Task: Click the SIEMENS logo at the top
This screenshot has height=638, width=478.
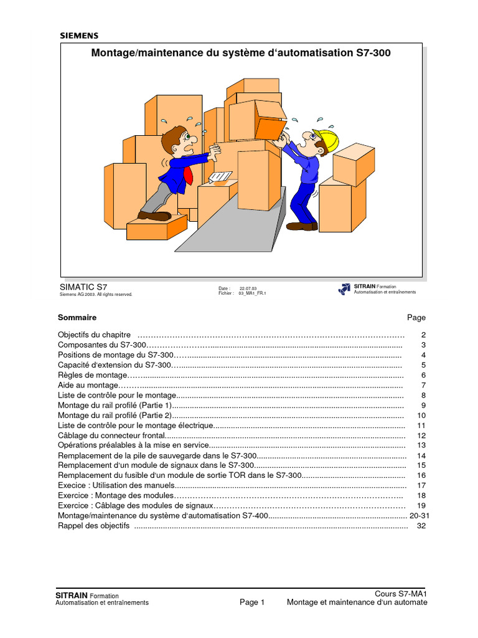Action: (x=79, y=36)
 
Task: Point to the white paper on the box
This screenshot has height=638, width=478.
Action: (x=220, y=178)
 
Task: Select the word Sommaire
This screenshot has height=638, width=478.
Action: (x=77, y=318)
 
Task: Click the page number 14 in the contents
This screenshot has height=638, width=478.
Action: (x=421, y=455)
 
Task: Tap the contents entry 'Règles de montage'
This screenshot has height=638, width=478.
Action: (x=92, y=375)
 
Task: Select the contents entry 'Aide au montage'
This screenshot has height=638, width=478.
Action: (x=87, y=385)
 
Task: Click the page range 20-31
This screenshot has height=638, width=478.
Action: (x=419, y=516)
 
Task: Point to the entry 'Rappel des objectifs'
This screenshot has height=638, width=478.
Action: (x=93, y=526)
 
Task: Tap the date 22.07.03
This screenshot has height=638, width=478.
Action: (x=248, y=288)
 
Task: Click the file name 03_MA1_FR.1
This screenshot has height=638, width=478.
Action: (x=252, y=293)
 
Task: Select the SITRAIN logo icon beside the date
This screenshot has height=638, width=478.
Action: (x=344, y=289)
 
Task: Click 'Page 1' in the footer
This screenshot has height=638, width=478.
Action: (x=252, y=602)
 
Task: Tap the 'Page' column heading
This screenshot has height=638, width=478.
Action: (x=416, y=318)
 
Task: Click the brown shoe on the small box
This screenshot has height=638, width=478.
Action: (x=154, y=216)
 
